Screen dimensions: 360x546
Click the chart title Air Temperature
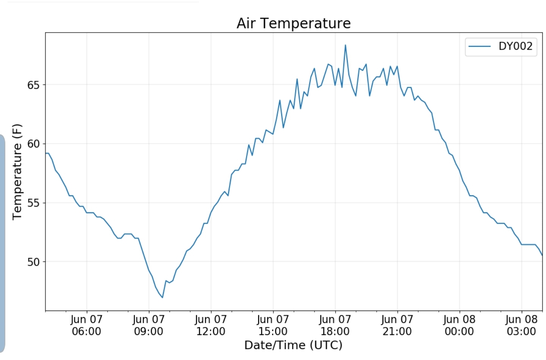tap(293, 24)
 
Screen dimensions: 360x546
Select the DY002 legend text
tap(515, 46)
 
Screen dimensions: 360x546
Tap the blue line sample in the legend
tap(480, 46)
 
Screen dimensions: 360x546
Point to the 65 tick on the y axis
tap(33, 85)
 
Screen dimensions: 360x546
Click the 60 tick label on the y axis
tap(33, 144)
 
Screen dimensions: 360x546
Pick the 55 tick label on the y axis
tap(33, 203)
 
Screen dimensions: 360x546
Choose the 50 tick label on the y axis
tap(33, 262)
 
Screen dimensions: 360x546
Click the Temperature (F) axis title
tap(17, 171)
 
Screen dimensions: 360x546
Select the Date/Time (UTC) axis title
tap(293, 345)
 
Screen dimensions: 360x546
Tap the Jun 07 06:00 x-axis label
tap(86, 325)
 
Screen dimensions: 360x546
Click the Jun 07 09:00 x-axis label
tap(149, 325)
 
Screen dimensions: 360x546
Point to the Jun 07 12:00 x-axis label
tap(211, 325)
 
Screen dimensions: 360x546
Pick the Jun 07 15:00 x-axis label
tap(273, 325)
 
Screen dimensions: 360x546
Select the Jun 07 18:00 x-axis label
tap(335, 325)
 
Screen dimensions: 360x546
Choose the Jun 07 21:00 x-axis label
tap(397, 325)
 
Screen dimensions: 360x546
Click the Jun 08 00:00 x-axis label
tap(460, 325)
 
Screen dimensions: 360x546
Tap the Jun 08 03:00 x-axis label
tap(521, 325)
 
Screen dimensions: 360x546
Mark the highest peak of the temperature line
tap(345, 45)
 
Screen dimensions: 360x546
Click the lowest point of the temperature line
tap(162, 297)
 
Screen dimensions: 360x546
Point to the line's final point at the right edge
tap(542, 255)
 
